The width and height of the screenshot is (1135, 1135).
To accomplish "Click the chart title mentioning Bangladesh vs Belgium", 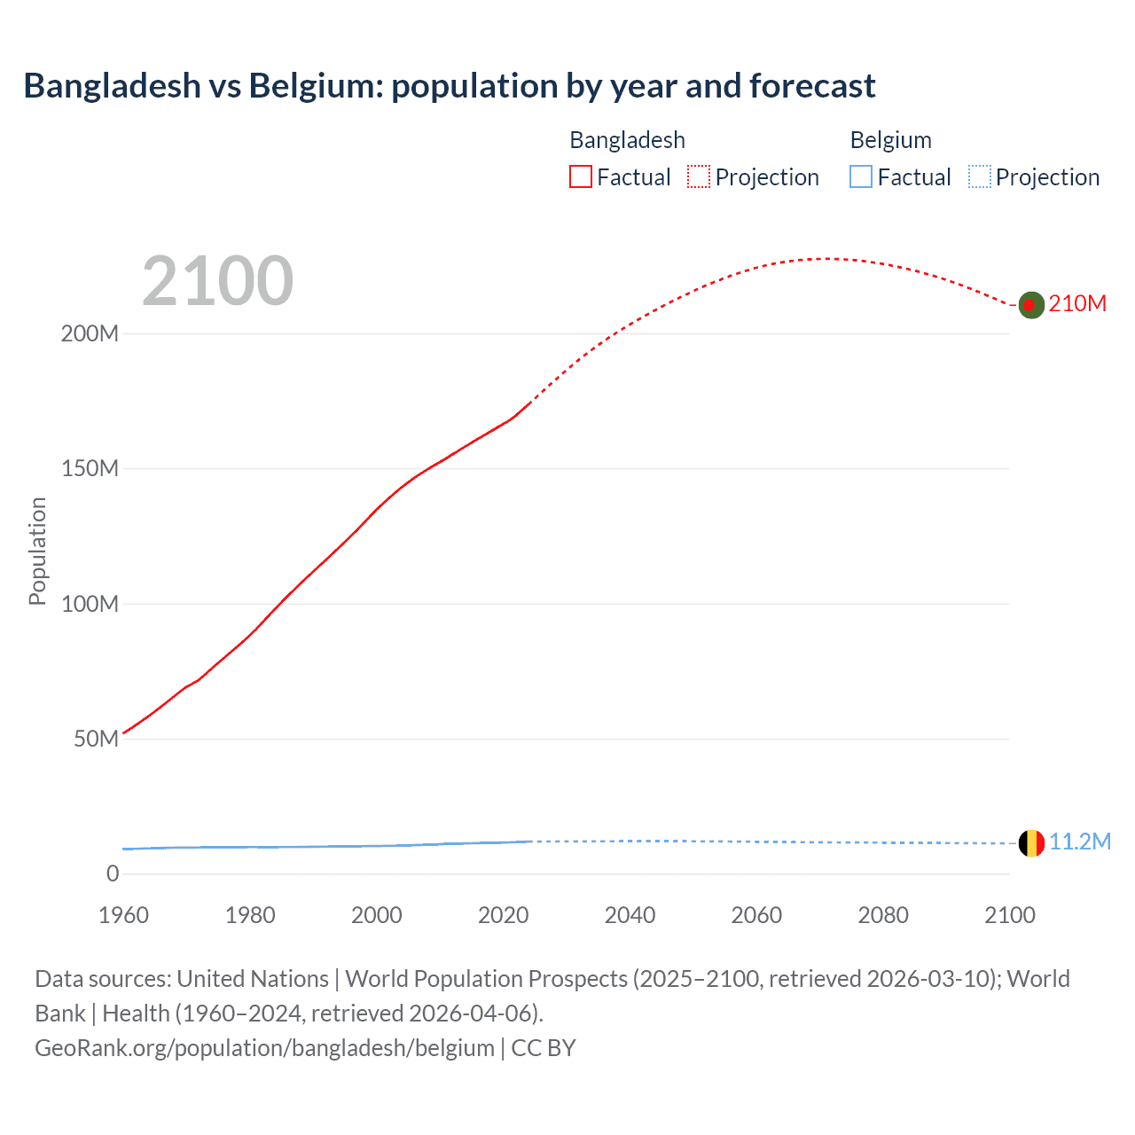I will point(449,86).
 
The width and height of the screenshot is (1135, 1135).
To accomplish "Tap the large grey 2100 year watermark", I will point(217,281).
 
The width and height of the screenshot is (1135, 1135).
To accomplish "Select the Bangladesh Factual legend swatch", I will point(581,177).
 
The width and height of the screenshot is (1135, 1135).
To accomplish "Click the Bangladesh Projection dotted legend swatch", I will point(699,177).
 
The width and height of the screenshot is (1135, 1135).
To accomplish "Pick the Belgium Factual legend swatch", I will point(861,177).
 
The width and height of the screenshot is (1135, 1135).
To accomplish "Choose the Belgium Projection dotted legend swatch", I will point(979,177).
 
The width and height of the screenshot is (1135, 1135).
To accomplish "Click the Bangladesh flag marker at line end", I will point(1030,305).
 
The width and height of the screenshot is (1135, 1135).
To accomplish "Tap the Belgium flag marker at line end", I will point(1030,843).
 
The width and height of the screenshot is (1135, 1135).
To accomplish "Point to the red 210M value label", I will point(1077,304).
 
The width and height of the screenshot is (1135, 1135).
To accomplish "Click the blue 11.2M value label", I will point(1080,841).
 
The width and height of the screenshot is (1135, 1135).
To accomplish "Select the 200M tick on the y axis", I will point(90,334).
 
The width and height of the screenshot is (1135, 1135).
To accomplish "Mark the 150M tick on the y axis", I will point(90,469).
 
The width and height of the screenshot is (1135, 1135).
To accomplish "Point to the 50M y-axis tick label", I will point(96,740).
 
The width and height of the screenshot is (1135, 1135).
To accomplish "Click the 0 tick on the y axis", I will point(113,874).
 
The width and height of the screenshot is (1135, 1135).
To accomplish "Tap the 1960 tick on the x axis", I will point(123,915).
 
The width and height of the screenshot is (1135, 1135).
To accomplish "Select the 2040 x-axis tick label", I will point(630,915).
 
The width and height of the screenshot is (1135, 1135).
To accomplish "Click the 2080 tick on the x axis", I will point(883,915).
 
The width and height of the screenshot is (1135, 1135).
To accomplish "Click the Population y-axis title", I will point(37,551).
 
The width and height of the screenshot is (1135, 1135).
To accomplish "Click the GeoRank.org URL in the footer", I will point(264,1048).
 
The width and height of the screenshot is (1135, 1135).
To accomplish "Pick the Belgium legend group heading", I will point(890,140).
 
